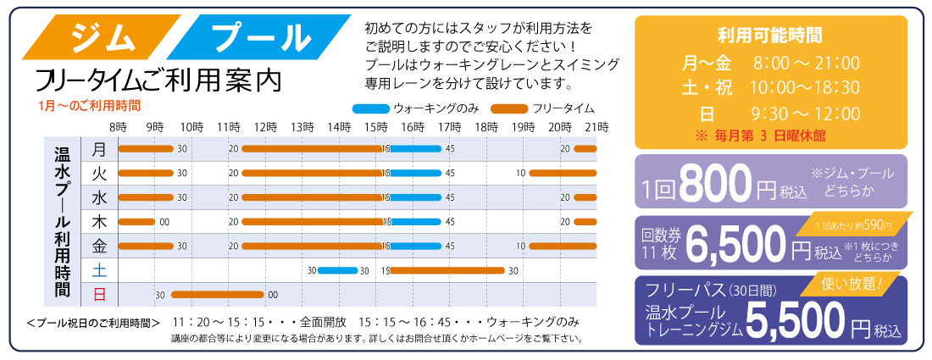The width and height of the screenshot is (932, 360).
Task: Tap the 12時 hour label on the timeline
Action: pos(265,126)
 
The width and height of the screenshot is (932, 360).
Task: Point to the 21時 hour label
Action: pos(596,126)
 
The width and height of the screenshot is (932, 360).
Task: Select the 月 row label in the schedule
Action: pos(99,149)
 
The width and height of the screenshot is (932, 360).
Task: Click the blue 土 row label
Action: pos(99,270)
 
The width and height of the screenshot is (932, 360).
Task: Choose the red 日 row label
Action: pos(99,295)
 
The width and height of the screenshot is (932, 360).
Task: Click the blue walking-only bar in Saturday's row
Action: pos(338,270)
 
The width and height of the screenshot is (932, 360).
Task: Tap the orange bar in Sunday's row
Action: pos(218,295)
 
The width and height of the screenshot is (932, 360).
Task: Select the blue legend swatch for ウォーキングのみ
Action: pos(369,108)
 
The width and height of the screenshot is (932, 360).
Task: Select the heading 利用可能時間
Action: pos(769,36)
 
